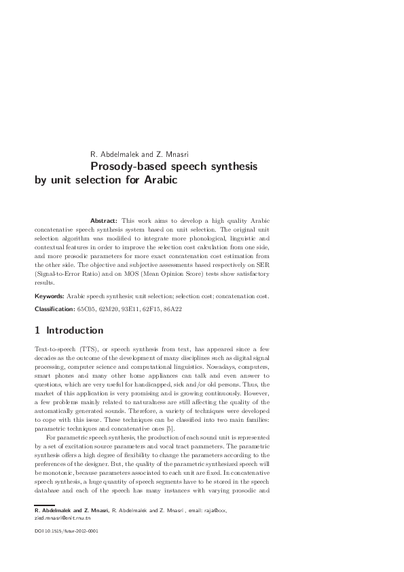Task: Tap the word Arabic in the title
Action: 159,181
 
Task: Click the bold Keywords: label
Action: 50,297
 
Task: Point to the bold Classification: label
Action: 56,309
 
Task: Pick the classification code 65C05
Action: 87,309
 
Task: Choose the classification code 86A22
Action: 170,309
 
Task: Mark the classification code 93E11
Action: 129,309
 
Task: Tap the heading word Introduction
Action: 74,331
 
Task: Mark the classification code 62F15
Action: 150,309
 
